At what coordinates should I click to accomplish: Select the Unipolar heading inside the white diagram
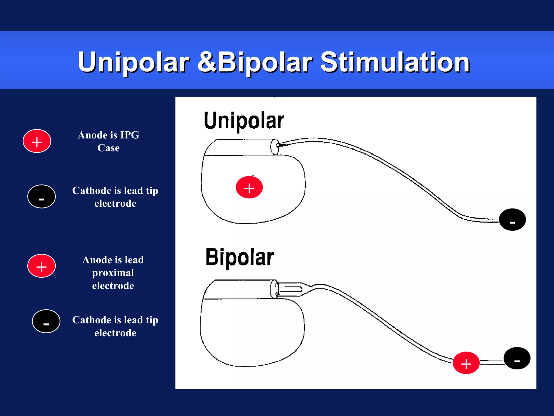[x=244, y=121]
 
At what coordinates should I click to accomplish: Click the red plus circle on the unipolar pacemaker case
[x=249, y=187]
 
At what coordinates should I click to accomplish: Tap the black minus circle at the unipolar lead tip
[x=512, y=220]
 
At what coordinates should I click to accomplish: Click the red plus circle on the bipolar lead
[x=466, y=363]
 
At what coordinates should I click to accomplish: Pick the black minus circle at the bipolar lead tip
[x=517, y=358]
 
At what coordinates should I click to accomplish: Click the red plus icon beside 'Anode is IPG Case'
[x=37, y=141]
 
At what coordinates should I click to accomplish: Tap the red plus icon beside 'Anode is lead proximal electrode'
[x=41, y=266]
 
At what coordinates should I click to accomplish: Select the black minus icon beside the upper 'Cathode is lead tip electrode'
[x=41, y=197]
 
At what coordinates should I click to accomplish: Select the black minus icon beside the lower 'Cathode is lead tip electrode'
[x=46, y=321]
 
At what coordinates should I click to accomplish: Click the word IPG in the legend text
[x=130, y=135]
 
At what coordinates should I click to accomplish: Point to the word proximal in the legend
[x=113, y=273]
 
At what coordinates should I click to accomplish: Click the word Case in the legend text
[x=108, y=148]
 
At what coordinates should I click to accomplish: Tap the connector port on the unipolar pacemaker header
[x=275, y=147]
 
